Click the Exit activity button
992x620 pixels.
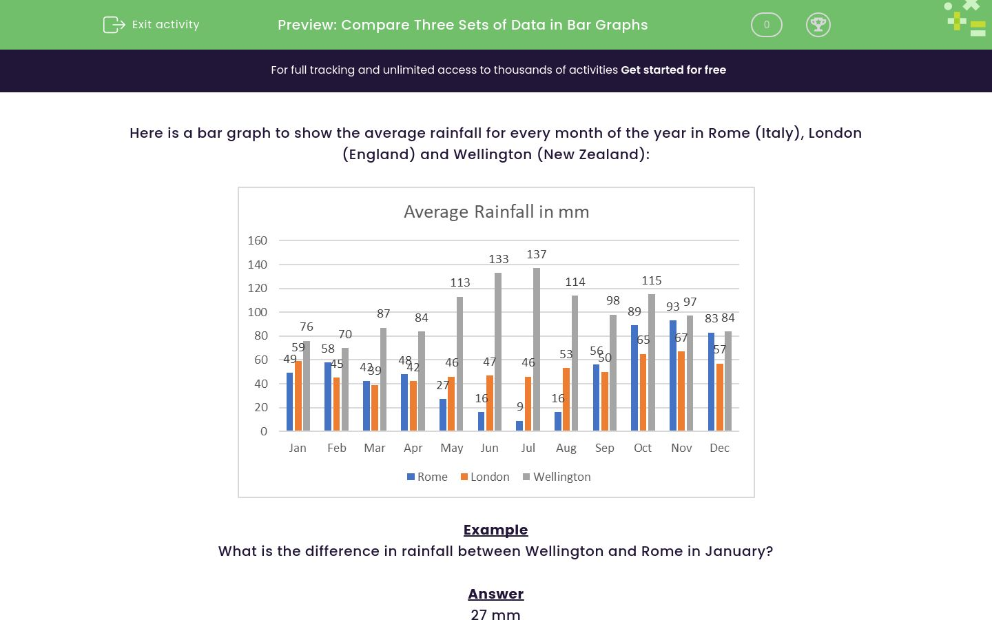pyautogui.click(x=152, y=25)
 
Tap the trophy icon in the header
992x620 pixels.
pyautogui.click(x=818, y=25)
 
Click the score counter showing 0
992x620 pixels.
pyautogui.click(x=766, y=25)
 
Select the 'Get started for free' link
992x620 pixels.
pyautogui.click(x=673, y=70)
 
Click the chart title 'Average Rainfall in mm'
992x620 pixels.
pyautogui.click(x=496, y=211)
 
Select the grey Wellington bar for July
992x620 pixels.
pyautogui.click(x=537, y=349)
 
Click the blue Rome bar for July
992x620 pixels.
pyautogui.click(x=519, y=426)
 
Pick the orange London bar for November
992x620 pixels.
pyautogui.click(x=681, y=391)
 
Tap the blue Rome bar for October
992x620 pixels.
pyautogui.click(x=634, y=378)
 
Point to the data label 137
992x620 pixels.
pyautogui.click(x=537, y=254)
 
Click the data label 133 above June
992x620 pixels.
pyautogui.click(x=499, y=259)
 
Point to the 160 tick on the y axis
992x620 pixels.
pyautogui.click(x=257, y=240)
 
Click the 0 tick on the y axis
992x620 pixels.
pyautogui.click(x=263, y=431)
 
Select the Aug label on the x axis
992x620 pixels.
pyautogui.click(x=566, y=448)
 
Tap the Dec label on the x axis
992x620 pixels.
pyautogui.click(x=719, y=448)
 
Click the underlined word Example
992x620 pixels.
pyautogui.click(x=495, y=530)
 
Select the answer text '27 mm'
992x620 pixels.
pyautogui.click(x=495, y=614)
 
